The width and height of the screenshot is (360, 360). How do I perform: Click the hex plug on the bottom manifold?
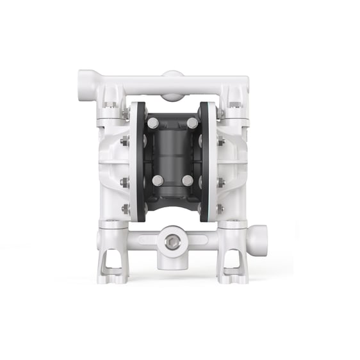pos(171,242)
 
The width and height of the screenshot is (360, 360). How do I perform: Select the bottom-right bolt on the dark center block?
pos(188,180)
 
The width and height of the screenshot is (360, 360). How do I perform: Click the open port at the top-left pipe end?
pos(83,83)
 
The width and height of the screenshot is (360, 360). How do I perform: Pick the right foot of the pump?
pos(232,264)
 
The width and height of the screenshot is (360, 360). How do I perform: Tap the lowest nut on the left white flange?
pos(126,209)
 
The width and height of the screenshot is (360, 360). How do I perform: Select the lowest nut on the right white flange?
pos(219,209)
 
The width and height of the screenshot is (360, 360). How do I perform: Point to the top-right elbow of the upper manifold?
pos(241,80)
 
